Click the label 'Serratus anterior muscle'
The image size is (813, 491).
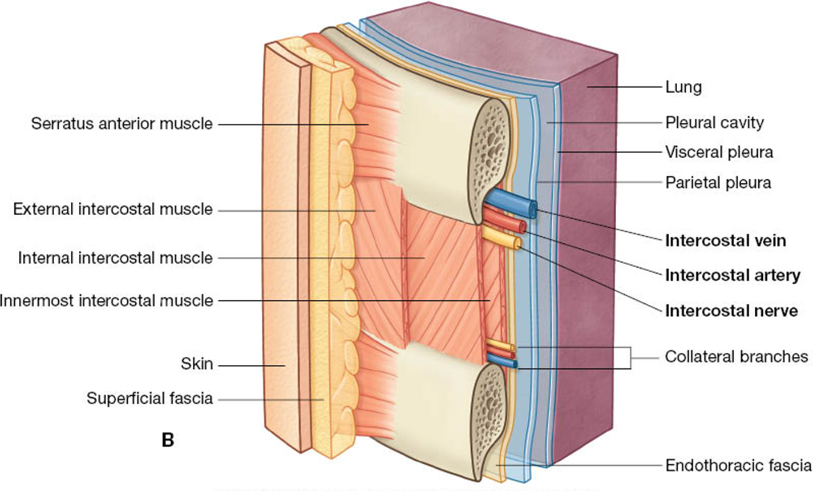[x=122, y=123]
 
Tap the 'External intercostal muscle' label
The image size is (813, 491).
[x=113, y=210]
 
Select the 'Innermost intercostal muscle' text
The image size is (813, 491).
[x=106, y=300]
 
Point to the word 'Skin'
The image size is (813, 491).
[x=197, y=364]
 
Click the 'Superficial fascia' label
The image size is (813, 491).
[x=149, y=398]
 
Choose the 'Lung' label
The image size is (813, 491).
[x=683, y=87]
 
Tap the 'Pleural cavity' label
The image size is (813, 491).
[x=714, y=122]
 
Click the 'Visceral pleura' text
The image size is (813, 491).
[x=719, y=152]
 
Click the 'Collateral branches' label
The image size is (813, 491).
[x=737, y=356]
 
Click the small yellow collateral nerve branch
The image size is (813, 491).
[x=500, y=346]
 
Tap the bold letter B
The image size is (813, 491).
[x=167, y=440]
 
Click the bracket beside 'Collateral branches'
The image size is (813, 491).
[x=630, y=357]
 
